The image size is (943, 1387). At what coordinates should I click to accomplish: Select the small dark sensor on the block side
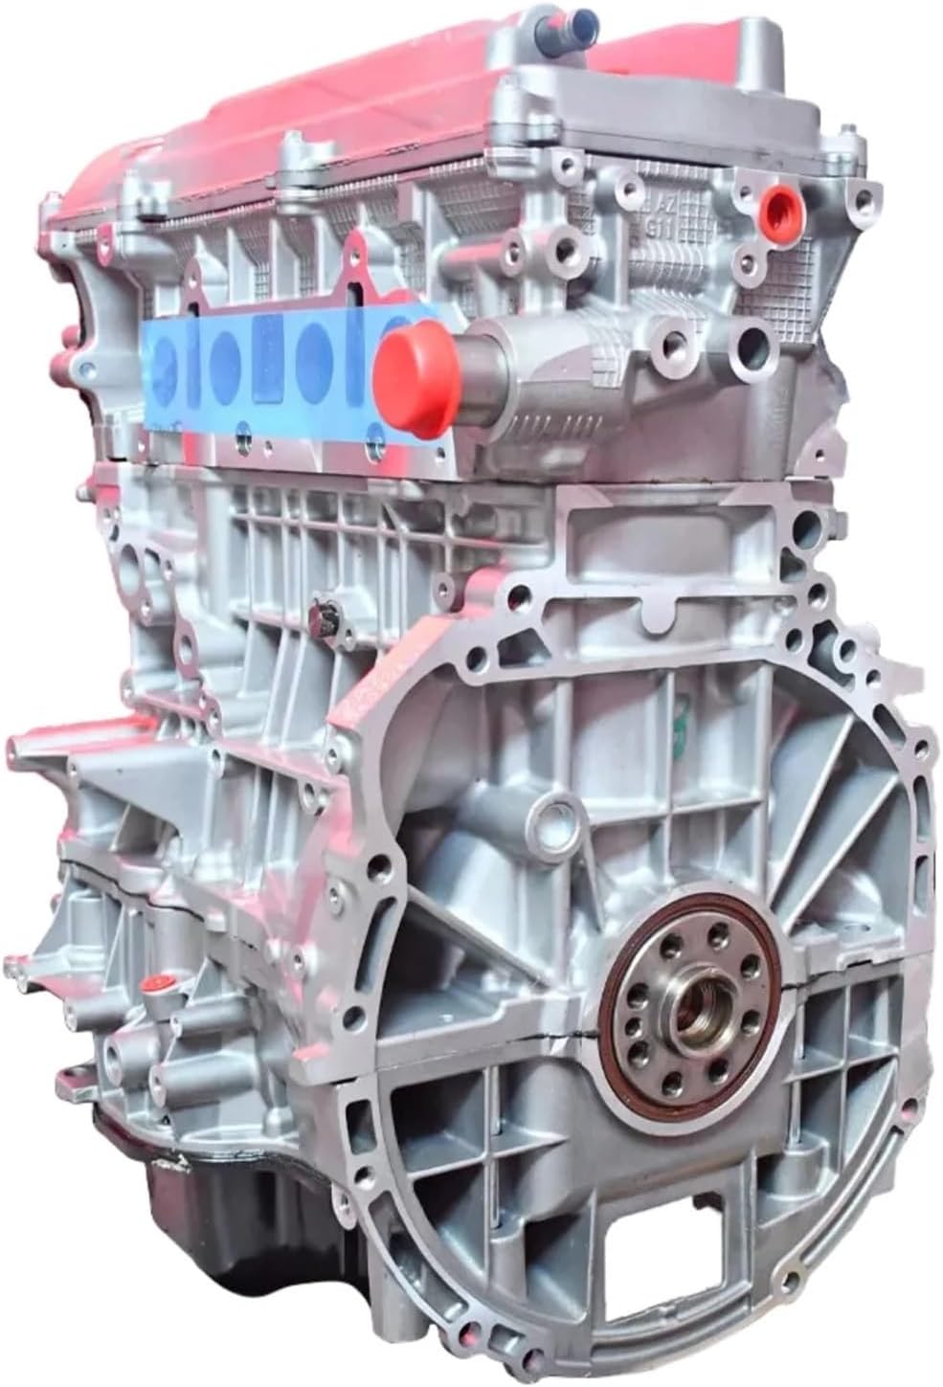click(x=324, y=618)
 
